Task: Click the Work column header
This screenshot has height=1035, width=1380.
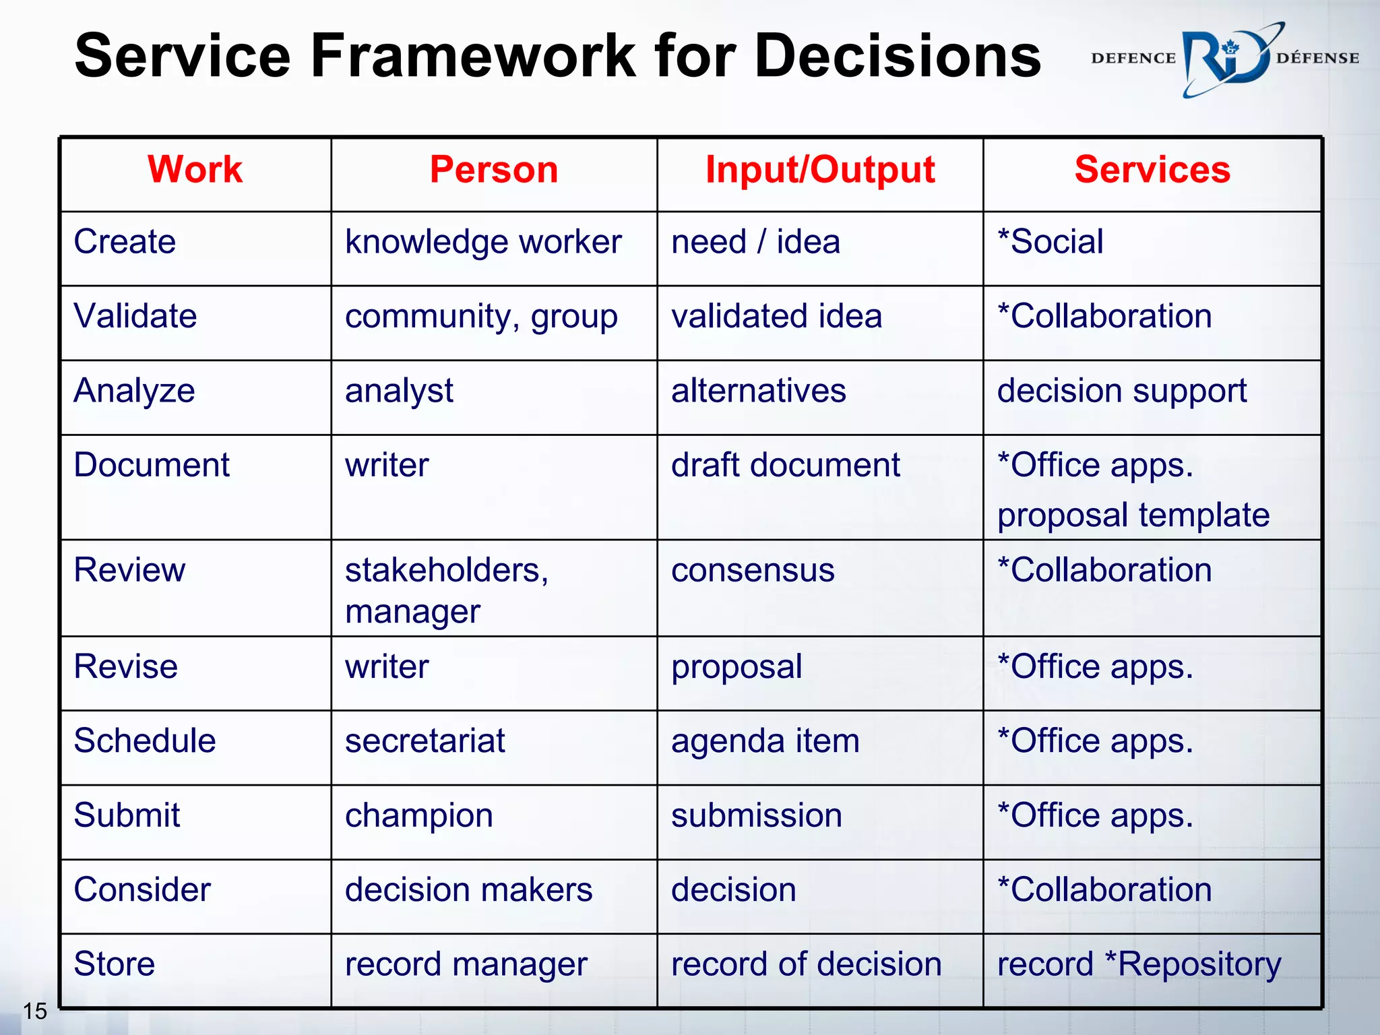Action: click(x=195, y=169)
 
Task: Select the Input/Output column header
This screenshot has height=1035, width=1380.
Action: click(x=819, y=169)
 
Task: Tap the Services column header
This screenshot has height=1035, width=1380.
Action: click(x=1152, y=169)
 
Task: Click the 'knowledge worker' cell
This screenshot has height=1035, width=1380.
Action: click(x=483, y=243)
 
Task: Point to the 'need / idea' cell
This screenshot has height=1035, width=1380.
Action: click(x=755, y=242)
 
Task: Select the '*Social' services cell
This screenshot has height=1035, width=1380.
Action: click(x=1050, y=242)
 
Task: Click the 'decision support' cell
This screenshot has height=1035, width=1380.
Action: click(x=1121, y=391)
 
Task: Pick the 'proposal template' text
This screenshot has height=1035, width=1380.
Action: click(x=1133, y=515)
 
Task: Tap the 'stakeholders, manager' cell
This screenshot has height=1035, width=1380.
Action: click(x=447, y=590)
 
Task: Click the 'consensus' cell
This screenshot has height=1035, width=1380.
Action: click(x=753, y=571)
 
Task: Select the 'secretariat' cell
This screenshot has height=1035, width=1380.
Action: click(x=425, y=741)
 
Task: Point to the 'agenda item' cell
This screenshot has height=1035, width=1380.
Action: click(x=765, y=742)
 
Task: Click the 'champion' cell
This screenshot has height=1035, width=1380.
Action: click(x=418, y=816)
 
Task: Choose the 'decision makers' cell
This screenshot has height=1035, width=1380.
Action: click(x=468, y=890)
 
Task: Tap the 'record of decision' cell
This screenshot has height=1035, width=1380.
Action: click(x=806, y=964)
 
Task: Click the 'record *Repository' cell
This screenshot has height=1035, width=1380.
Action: click(x=1139, y=964)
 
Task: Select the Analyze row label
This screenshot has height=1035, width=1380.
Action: click(x=134, y=391)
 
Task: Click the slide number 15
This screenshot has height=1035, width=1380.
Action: click(x=35, y=1011)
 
